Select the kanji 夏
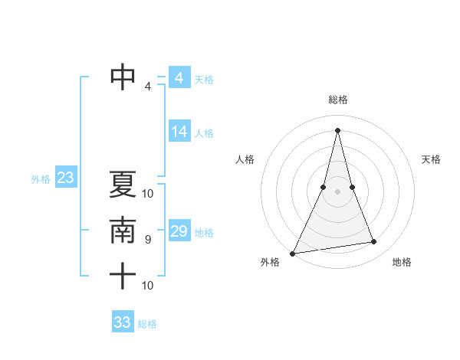pos(123,185)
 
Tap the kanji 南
pos(123,231)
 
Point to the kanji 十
pos(123,276)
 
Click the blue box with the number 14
pos(179,132)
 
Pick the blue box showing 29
pos(179,231)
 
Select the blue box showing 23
pos(65,178)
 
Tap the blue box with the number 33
pos(123,322)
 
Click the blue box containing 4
pos(179,78)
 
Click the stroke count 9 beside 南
pos(148,240)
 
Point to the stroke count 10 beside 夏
pos(148,193)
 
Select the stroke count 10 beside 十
pos(148,286)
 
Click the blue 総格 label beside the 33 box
pos(147,324)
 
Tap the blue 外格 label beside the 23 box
pos(41,180)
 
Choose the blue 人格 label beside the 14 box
pos(204,133)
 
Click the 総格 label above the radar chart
pos(337,100)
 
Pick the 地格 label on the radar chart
pos(402,262)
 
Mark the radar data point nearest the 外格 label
pos(293,254)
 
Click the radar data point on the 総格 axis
pos(337,129)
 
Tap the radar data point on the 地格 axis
pos(374,242)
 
